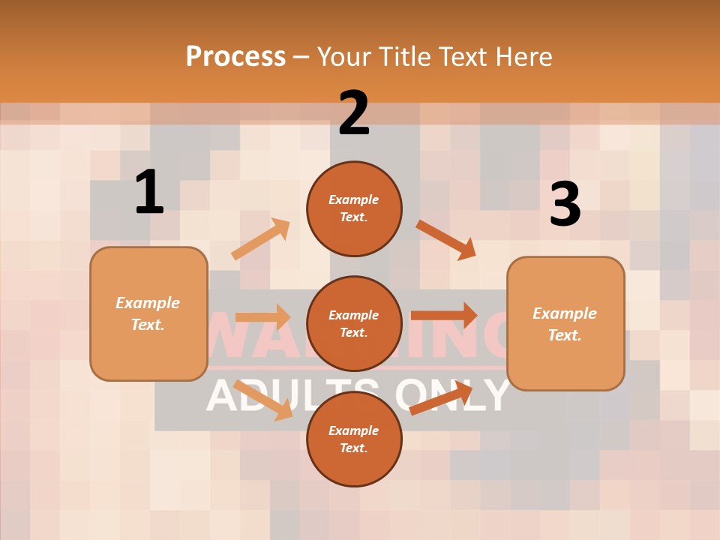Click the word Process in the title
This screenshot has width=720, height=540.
click(235, 56)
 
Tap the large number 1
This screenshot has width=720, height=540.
click(149, 192)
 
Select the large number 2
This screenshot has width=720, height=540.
click(354, 112)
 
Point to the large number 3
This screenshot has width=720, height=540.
click(565, 204)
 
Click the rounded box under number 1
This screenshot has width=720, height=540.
click(148, 313)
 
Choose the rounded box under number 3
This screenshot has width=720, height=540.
click(565, 323)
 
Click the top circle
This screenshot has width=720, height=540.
click(354, 208)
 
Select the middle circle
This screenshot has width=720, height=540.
click(354, 323)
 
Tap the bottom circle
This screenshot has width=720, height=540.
click(354, 439)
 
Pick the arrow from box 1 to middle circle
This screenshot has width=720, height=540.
click(262, 317)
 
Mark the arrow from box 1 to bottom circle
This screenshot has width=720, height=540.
click(263, 400)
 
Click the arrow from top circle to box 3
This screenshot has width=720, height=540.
click(446, 239)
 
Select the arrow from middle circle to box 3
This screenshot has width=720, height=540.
click(444, 315)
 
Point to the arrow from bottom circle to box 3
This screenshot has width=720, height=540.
click(441, 398)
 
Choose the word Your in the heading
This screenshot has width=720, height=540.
click(344, 56)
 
